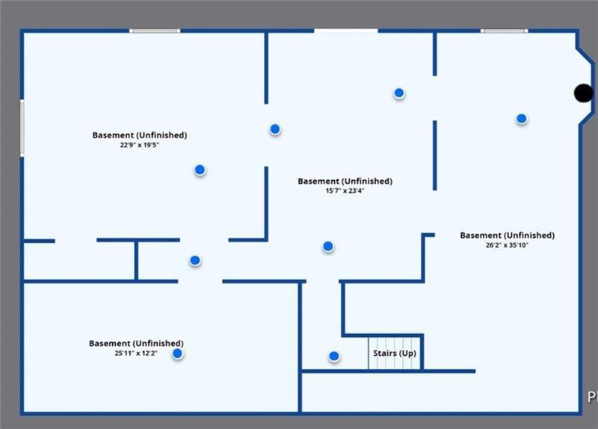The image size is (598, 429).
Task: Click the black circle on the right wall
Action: (x=583, y=93)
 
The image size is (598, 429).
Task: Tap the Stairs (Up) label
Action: (x=395, y=353)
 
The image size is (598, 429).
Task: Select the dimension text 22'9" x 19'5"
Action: (x=139, y=145)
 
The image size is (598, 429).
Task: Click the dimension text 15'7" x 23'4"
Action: (x=345, y=191)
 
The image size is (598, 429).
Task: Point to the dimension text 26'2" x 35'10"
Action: (x=507, y=245)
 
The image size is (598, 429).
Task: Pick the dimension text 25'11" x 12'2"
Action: (x=136, y=353)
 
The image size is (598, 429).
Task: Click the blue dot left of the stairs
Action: (x=334, y=357)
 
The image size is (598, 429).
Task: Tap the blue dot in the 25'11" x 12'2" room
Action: (x=178, y=354)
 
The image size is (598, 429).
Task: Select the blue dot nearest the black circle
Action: (x=521, y=118)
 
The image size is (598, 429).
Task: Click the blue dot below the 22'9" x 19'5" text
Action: (x=200, y=170)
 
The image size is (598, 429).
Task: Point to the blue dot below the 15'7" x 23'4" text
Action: (x=327, y=246)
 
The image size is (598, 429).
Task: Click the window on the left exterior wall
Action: (x=22, y=129)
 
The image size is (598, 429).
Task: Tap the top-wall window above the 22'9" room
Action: (x=155, y=31)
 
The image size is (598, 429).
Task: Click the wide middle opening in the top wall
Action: (x=345, y=31)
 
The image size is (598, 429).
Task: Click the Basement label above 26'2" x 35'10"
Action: (x=507, y=235)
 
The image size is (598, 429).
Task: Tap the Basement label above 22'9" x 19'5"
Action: (x=139, y=135)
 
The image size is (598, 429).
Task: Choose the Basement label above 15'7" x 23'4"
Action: (x=345, y=181)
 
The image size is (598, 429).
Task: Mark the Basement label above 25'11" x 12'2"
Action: (x=136, y=343)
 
